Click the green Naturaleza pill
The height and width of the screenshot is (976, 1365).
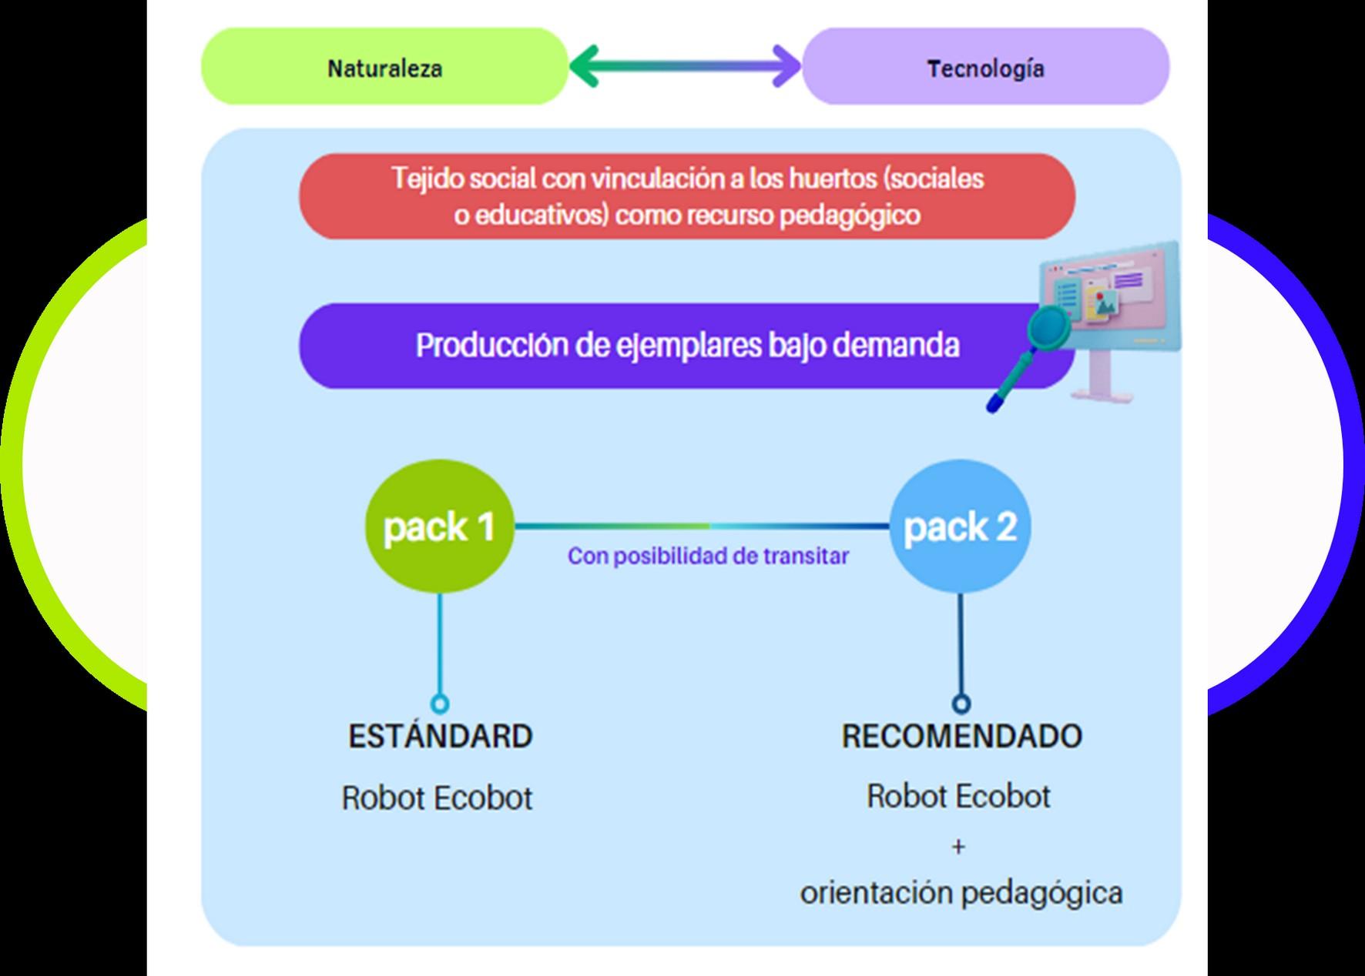coord(384,67)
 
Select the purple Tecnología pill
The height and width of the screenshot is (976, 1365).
coord(985,67)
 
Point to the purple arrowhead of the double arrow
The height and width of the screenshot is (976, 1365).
coord(787,66)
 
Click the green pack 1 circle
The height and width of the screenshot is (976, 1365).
coord(439,526)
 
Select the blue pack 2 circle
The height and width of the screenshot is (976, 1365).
coord(960,526)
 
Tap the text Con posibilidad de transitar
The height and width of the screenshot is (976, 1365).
coord(708,556)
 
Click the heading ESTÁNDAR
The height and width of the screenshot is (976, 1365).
coord(440,737)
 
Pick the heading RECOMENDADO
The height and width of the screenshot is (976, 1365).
coord(961,737)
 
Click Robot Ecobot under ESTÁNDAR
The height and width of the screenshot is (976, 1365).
coord(437,798)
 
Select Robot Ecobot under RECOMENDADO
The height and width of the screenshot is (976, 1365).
coord(958,797)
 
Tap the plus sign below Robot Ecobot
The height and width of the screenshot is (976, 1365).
coord(958,847)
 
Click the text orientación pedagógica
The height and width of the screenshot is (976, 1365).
coord(961,893)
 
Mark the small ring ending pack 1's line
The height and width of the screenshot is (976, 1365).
coord(440,704)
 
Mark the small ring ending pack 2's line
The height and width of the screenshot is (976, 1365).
coord(961,704)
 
